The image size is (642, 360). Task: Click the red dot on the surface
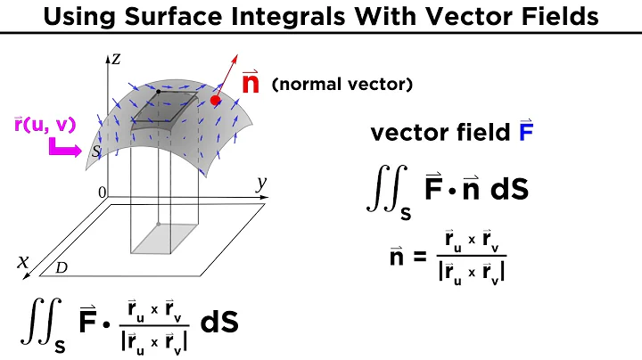pos(216,102)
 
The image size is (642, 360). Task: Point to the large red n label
pos(252,86)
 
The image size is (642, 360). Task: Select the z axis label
pos(115,60)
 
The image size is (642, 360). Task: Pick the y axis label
pos(261,184)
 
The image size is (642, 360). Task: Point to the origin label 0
pos(103,192)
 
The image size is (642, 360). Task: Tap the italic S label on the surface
pos(95,152)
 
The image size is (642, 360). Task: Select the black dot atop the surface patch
pos(158,92)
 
